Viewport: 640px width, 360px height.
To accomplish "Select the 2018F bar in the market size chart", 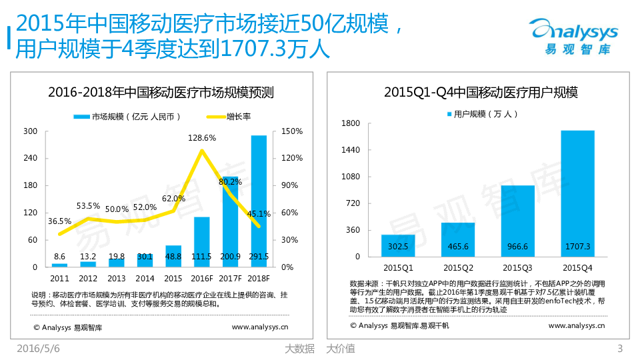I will click(259, 200).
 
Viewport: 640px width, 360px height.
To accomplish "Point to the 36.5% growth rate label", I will click(60, 221).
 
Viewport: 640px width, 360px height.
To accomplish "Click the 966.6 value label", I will click(517, 246).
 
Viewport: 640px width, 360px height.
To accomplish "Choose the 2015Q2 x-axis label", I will click(457, 267).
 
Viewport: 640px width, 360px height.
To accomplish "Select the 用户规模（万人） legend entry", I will click(481, 114).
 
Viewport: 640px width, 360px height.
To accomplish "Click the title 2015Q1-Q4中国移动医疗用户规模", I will click(481, 92).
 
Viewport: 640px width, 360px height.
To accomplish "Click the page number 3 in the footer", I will click(620, 348).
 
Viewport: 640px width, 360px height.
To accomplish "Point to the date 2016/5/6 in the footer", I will click(38, 348).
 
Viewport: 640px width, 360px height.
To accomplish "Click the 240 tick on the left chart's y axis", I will click(31, 158).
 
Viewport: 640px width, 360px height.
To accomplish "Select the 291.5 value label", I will click(259, 257).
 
